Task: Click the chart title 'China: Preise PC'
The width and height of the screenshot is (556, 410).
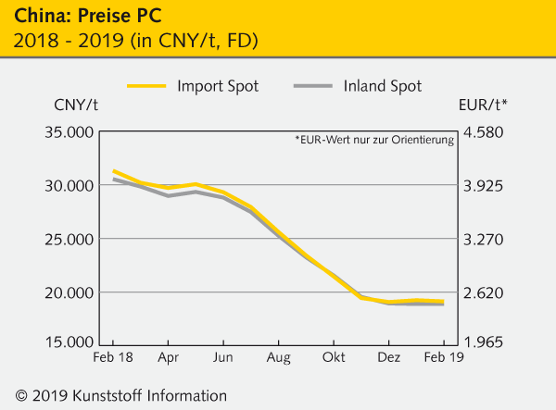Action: click(76, 17)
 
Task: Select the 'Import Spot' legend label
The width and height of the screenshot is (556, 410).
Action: click(218, 86)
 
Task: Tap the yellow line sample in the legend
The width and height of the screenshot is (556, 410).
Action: click(144, 86)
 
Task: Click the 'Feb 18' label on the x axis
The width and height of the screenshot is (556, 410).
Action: click(113, 357)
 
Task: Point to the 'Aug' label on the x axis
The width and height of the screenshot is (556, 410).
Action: click(277, 357)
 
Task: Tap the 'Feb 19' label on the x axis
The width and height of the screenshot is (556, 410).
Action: click(442, 357)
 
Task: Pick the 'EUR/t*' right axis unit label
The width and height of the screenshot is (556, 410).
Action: click(483, 106)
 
